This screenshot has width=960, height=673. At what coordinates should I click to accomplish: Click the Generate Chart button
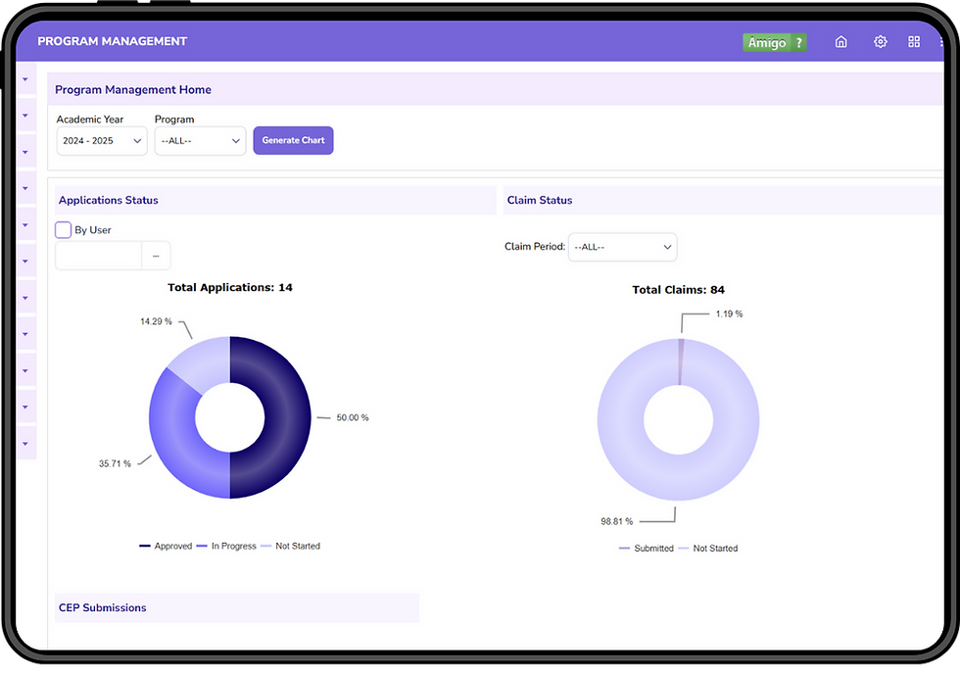(x=293, y=140)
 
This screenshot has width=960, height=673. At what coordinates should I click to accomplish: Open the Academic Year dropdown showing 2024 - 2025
(x=102, y=141)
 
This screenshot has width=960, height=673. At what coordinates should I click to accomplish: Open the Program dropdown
(x=200, y=141)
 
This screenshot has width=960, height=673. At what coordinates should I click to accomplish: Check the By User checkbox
(x=63, y=229)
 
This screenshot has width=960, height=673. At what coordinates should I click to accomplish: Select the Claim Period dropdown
(x=623, y=247)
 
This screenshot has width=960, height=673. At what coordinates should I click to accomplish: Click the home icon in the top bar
(x=841, y=42)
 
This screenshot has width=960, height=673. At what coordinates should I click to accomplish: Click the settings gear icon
(x=881, y=42)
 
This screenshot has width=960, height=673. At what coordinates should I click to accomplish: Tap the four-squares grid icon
(x=914, y=42)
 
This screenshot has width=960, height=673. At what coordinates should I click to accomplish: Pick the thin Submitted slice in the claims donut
(x=681, y=361)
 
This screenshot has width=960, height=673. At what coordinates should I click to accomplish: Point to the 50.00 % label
(x=353, y=417)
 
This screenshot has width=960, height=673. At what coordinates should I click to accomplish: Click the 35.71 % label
(x=116, y=463)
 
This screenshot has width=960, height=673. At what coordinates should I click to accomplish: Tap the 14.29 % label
(x=156, y=321)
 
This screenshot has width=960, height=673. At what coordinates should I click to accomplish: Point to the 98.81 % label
(x=616, y=521)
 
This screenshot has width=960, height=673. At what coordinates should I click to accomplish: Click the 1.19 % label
(x=729, y=313)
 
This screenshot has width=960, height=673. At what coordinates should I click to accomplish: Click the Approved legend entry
(x=166, y=546)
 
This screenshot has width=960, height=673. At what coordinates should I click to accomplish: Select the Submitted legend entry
(x=646, y=548)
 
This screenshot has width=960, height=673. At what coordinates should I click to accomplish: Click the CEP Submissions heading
(x=102, y=607)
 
